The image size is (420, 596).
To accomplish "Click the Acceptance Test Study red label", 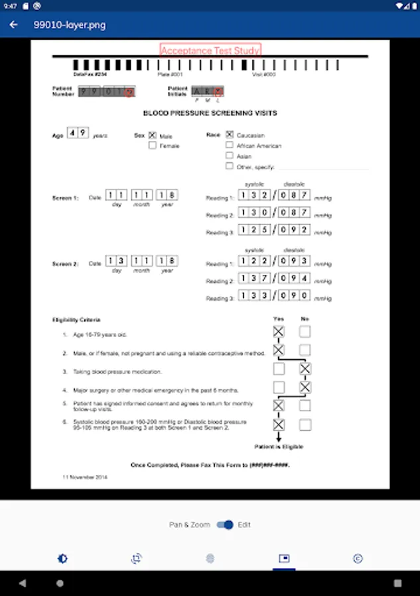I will (x=210, y=50).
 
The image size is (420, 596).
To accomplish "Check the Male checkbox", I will (x=152, y=135).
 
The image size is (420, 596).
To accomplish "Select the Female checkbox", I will (x=152, y=145).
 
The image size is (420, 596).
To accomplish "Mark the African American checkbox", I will (x=229, y=145).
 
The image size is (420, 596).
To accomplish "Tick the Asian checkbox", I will (x=229, y=156).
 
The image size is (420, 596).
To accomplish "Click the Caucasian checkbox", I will (x=229, y=134).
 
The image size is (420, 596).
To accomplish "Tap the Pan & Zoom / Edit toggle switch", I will (x=226, y=524).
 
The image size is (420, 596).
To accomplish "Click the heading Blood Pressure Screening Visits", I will (x=210, y=113).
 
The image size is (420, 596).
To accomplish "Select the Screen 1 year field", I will (x=166, y=195).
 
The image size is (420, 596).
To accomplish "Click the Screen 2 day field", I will (x=117, y=261).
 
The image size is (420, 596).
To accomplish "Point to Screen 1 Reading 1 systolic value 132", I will (x=255, y=195).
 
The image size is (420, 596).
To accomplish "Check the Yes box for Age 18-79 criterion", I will (x=279, y=332).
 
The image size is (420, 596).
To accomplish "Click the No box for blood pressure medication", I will (x=305, y=369).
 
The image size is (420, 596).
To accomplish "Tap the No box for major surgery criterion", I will (x=305, y=387).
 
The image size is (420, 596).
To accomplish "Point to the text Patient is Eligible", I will (x=279, y=447).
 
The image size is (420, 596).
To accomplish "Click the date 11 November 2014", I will (x=84, y=477).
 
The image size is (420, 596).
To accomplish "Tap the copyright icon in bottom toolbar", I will (x=358, y=559).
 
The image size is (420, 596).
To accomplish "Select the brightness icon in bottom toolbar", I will (x=62, y=559).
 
